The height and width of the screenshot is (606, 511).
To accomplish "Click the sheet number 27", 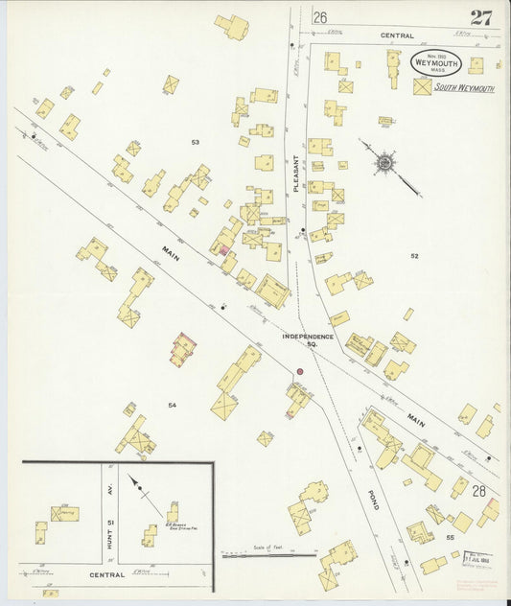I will pos(482,16).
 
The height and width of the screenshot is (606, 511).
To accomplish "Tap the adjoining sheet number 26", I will pos(319,17).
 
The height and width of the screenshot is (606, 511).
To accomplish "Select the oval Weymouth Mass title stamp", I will pos(437,63).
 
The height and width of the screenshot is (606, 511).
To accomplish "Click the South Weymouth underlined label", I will pos(464,87).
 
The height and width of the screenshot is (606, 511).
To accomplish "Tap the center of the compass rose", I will pos(384,163).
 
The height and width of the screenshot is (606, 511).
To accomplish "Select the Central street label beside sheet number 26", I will pos(396,35).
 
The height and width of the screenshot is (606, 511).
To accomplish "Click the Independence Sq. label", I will pos(308,340).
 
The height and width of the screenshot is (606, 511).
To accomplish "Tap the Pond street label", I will pos(372,499).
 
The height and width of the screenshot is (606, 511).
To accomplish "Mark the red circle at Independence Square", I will pos(299,371).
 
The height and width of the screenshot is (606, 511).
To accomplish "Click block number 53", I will pos(195,142).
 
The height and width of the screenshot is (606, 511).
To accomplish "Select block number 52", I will pos(415,256).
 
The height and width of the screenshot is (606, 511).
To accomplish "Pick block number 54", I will pos(173,406).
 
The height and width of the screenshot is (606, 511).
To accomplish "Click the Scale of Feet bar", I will pos(268,553).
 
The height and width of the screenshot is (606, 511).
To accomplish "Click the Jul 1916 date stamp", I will pos(477,557).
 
